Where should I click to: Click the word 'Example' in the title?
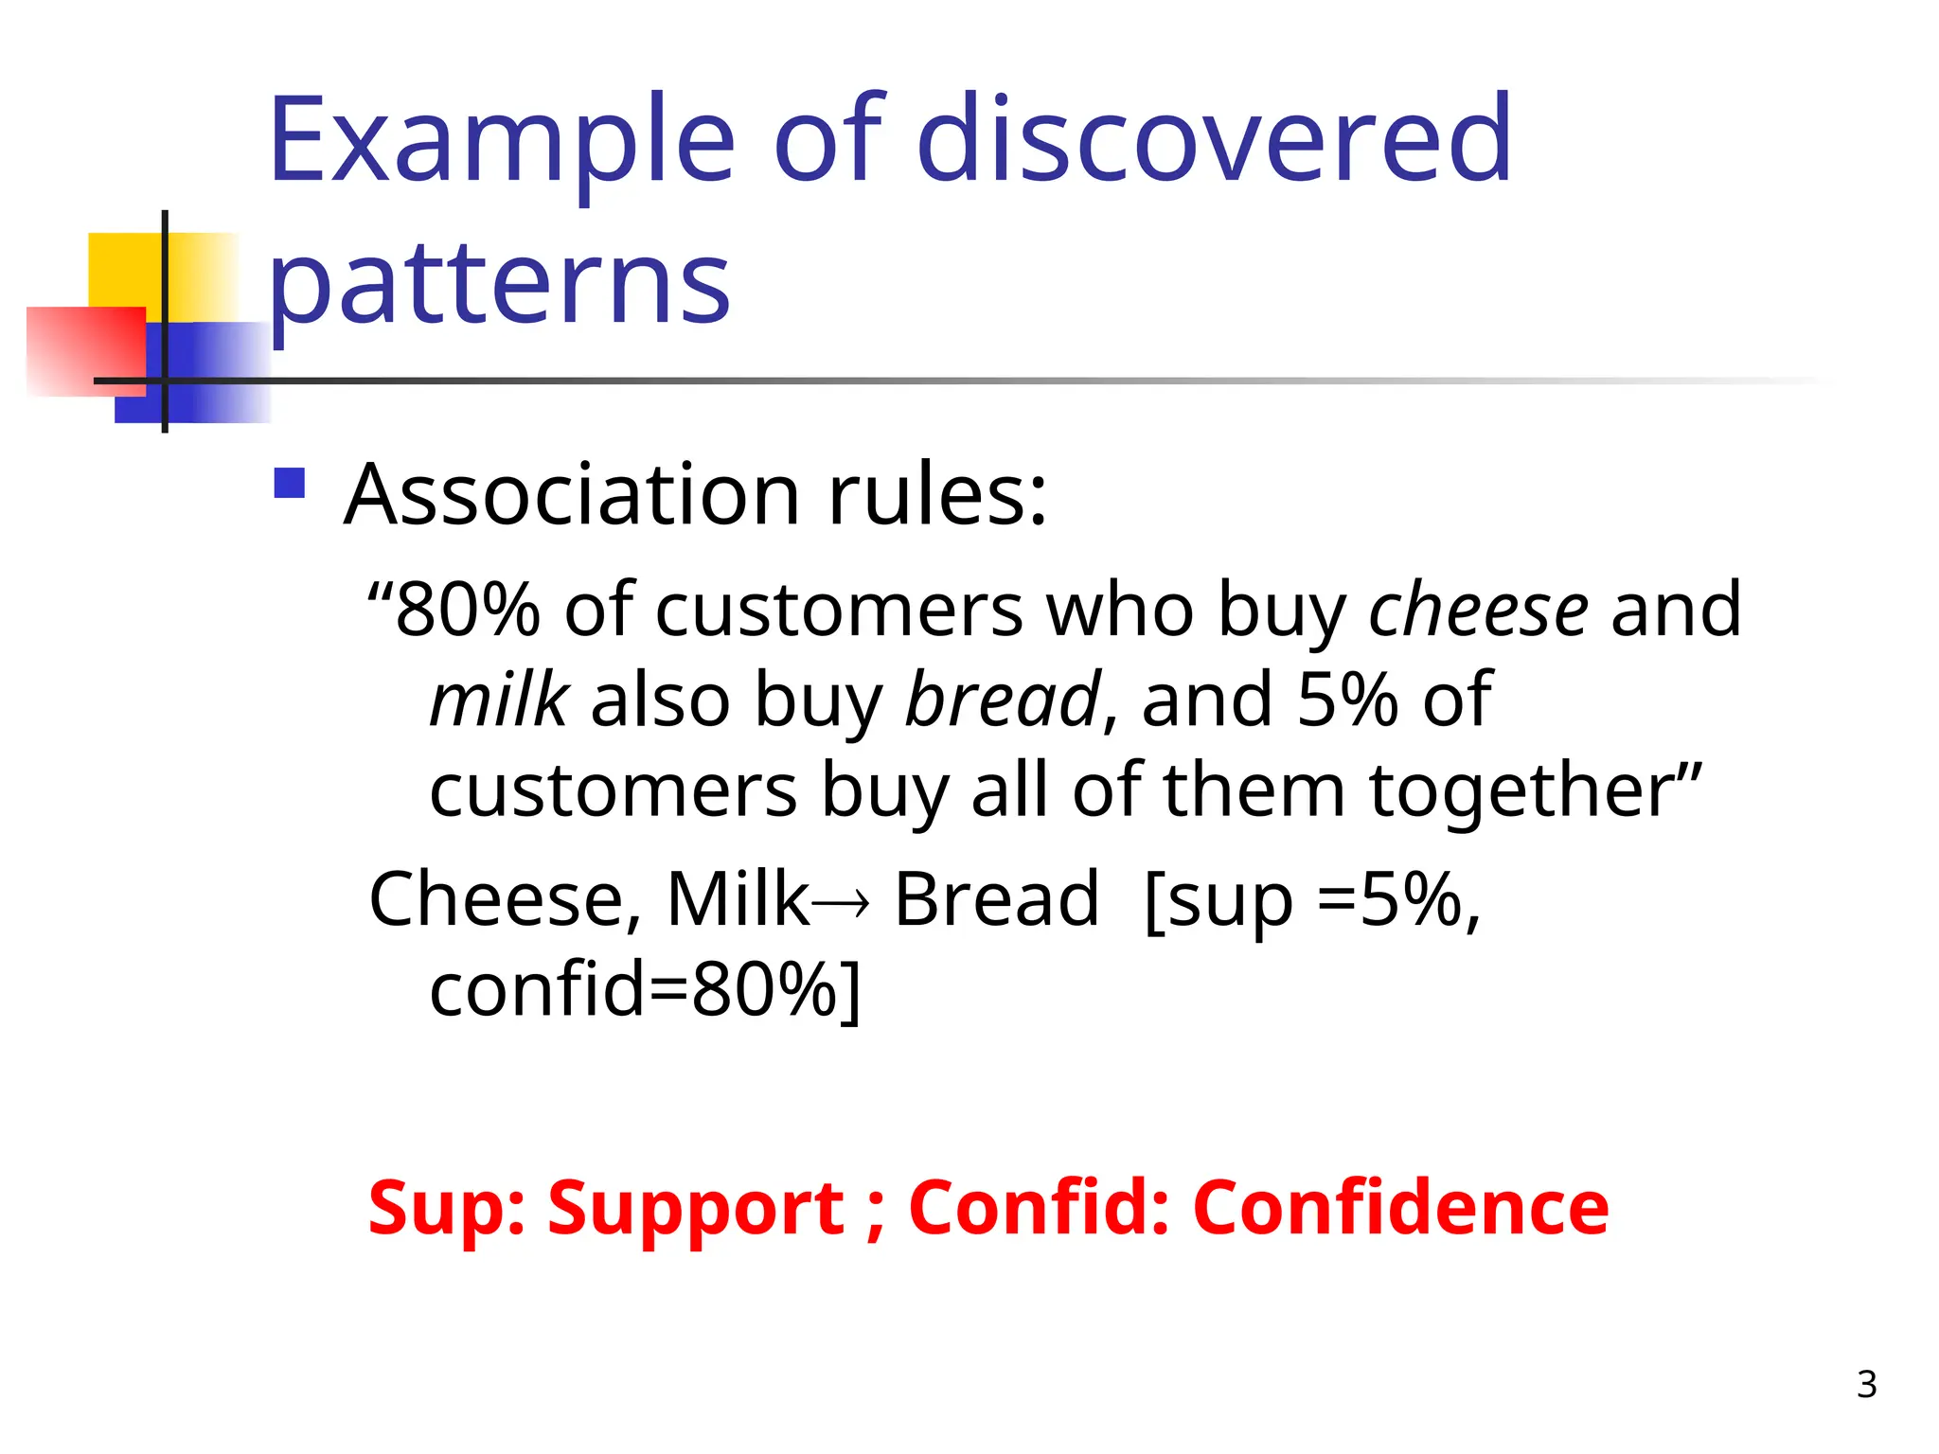coord(502,142)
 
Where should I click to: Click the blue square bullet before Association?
coord(290,484)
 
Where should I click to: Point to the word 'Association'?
coord(572,494)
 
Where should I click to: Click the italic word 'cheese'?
coord(1478,609)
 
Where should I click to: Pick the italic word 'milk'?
coord(499,700)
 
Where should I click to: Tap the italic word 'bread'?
coord(1003,700)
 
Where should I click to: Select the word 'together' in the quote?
coord(1534,790)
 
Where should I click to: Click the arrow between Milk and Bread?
coord(841,903)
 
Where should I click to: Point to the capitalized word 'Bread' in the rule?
coord(996,899)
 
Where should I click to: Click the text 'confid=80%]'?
coord(645,990)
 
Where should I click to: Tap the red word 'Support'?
coord(696,1209)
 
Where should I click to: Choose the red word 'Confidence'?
coord(1400,1209)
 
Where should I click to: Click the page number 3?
coord(1866,1385)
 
